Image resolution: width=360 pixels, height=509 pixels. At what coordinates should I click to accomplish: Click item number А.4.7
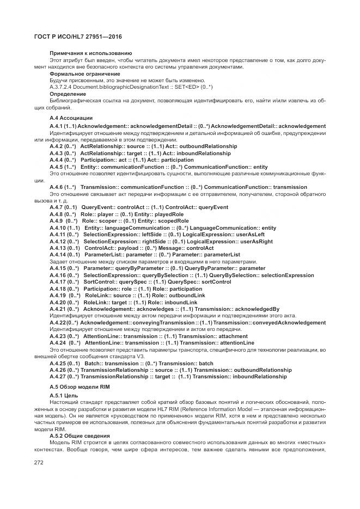pyautogui.click(x=57, y=207)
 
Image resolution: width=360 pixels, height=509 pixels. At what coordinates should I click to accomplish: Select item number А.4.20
pyautogui.click(x=58, y=302)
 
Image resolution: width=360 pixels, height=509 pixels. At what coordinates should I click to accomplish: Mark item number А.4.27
pyautogui.click(x=58, y=376)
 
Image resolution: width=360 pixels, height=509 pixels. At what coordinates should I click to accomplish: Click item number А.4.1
pyautogui.click(x=57, y=126)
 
